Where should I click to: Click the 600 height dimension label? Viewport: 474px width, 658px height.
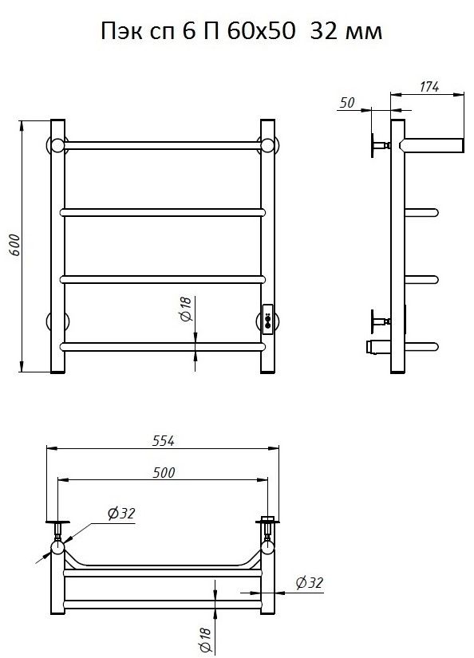point(14,245)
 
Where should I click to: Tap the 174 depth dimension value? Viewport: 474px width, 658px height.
point(429,86)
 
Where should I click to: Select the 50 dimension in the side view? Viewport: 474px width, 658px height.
point(347,102)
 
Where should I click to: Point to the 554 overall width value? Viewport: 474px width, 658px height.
point(164,440)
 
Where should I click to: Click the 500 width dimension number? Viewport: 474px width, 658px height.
point(164,472)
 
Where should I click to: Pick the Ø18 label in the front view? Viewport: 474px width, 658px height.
point(186,309)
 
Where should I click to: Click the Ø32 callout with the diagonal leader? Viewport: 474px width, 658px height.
point(121,513)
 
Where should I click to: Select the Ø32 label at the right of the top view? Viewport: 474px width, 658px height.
point(310,582)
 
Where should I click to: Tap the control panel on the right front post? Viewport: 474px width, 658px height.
point(267,319)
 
